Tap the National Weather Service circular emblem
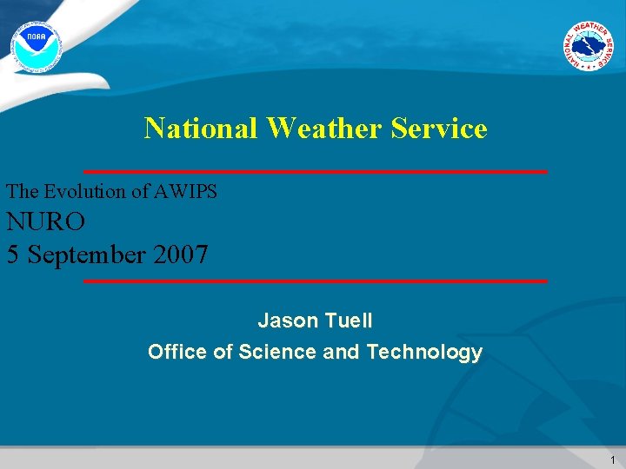tap(587, 44)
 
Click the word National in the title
tap(202, 129)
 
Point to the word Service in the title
tap(439, 129)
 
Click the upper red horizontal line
tap(315, 171)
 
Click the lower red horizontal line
tap(315, 281)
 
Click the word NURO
tap(46, 222)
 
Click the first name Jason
tap(289, 320)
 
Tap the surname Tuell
tap(350, 320)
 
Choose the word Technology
tap(424, 352)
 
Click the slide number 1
tap(612, 460)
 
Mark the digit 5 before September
tap(13, 255)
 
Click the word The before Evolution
tap(23, 191)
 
